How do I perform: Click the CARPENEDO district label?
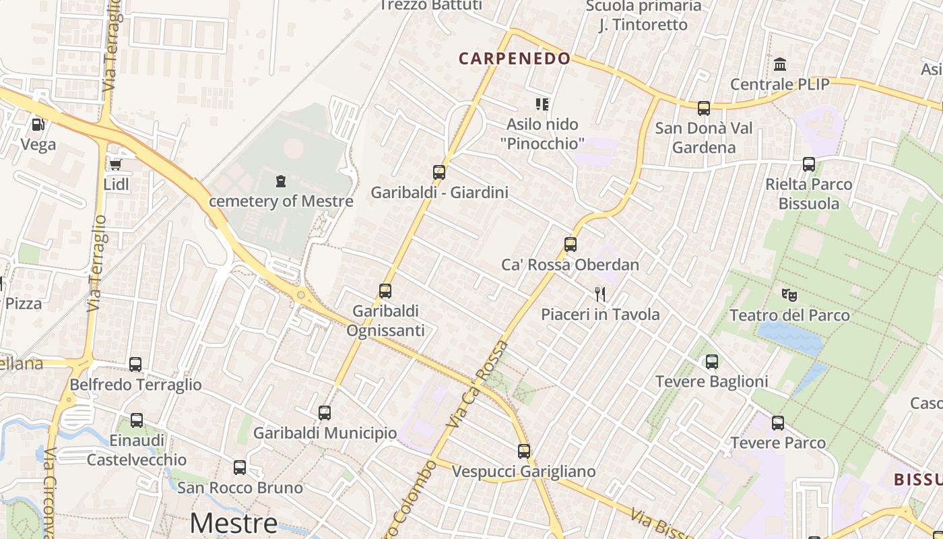[515, 59]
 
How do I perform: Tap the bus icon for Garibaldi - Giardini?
[439, 172]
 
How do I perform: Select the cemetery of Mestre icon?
[280, 181]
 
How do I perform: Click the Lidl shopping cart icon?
[115, 164]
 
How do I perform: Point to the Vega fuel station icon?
[38, 124]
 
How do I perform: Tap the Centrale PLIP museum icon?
[780, 65]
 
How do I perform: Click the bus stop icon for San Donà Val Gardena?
[704, 108]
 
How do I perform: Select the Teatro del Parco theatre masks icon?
[789, 294]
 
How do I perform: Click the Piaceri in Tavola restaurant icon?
[600, 294]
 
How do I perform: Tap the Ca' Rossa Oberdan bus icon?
[571, 245]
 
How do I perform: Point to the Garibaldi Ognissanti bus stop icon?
[385, 291]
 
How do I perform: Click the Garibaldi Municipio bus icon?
[325, 413]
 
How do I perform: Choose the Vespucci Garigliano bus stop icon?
[524, 451]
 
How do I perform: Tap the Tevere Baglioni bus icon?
[712, 362]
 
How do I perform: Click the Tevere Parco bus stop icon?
[778, 423]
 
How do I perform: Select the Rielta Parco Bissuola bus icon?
[809, 164]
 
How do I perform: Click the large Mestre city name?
[233, 523]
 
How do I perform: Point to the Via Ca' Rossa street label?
[480, 385]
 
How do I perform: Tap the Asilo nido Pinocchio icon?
[542, 104]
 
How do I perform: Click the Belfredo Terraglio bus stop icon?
[135, 364]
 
